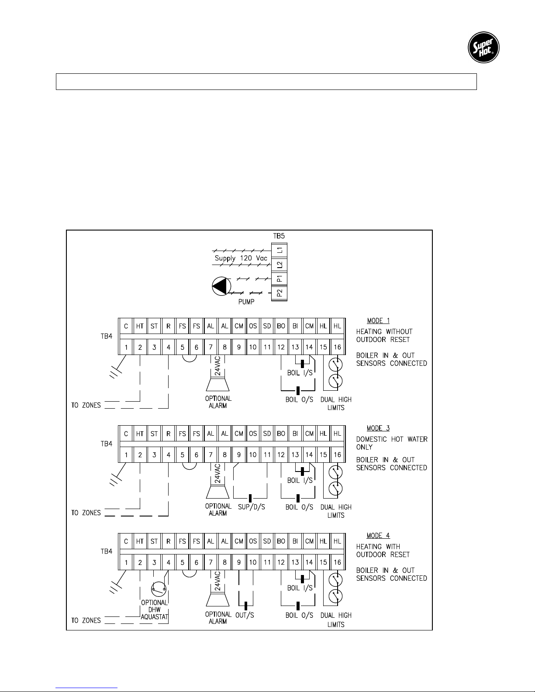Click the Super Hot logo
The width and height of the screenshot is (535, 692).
pyautogui.click(x=483, y=48)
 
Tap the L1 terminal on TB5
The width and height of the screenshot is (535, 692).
pyautogui.click(x=279, y=250)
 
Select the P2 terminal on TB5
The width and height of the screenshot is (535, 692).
pyautogui.click(x=279, y=293)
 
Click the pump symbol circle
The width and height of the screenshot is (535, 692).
pyautogui.click(x=221, y=286)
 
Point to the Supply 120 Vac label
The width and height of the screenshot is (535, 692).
pyautogui.click(x=241, y=258)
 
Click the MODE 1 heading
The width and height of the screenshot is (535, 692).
pyautogui.click(x=378, y=321)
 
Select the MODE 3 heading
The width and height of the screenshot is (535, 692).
pyautogui.click(x=378, y=428)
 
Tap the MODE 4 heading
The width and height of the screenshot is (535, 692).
pyautogui.click(x=378, y=536)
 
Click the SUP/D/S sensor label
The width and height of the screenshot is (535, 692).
pyautogui.click(x=251, y=507)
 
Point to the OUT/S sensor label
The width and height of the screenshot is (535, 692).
pyautogui.click(x=245, y=615)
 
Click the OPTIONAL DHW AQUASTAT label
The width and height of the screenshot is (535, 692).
pyautogui.click(x=155, y=609)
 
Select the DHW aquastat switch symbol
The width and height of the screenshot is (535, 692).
pyautogui.click(x=158, y=589)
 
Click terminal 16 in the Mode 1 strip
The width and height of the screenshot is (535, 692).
pyautogui.click(x=337, y=347)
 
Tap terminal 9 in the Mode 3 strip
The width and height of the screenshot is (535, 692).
pyautogui.click(x=239, y=455)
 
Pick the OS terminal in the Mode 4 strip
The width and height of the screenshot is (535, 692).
pyautogui.click(x=253, y=541)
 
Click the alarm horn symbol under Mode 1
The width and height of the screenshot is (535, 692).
pyautogui.click(x=217, y=384)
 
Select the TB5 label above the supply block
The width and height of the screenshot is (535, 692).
pyautogui.click(x=279, y=236)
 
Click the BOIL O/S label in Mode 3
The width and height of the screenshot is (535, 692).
pyautogui.click(x=299, y=507)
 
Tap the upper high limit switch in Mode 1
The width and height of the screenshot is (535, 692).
pyautogui.click(x=335, y=365)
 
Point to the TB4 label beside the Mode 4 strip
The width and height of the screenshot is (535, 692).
pyautogui.click(x=107, y=551)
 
